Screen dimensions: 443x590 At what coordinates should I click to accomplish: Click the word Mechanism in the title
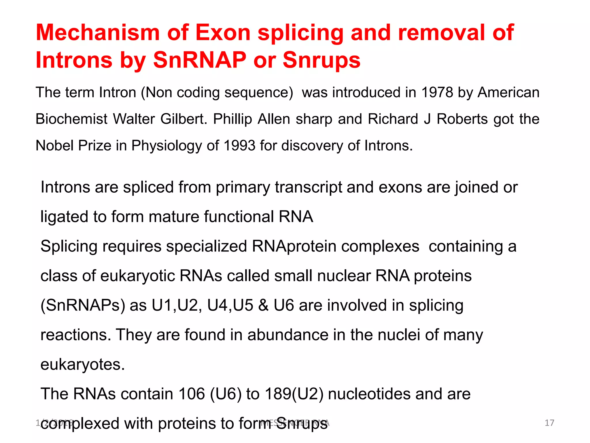click(98, 33)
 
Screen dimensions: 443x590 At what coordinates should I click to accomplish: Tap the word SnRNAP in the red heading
click(199, 60)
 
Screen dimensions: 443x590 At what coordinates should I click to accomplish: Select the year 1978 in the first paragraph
click(437, 93)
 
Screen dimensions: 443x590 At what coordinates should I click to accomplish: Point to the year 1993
click(239, 145)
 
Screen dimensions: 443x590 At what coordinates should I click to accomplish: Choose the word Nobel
click(54, 145)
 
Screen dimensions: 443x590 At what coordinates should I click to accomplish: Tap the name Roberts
click(462, 119)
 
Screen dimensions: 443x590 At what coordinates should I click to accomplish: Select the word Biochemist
click(71, 119)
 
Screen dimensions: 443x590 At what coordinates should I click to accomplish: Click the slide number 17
click(549, 423)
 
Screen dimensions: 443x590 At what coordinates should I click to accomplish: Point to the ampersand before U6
click(263, 305)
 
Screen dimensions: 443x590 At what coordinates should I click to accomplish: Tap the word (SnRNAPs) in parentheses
click(83, 305)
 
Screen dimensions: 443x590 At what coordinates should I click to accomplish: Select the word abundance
click(288, 335)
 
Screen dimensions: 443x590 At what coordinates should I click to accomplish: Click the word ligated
click(64, 217)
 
